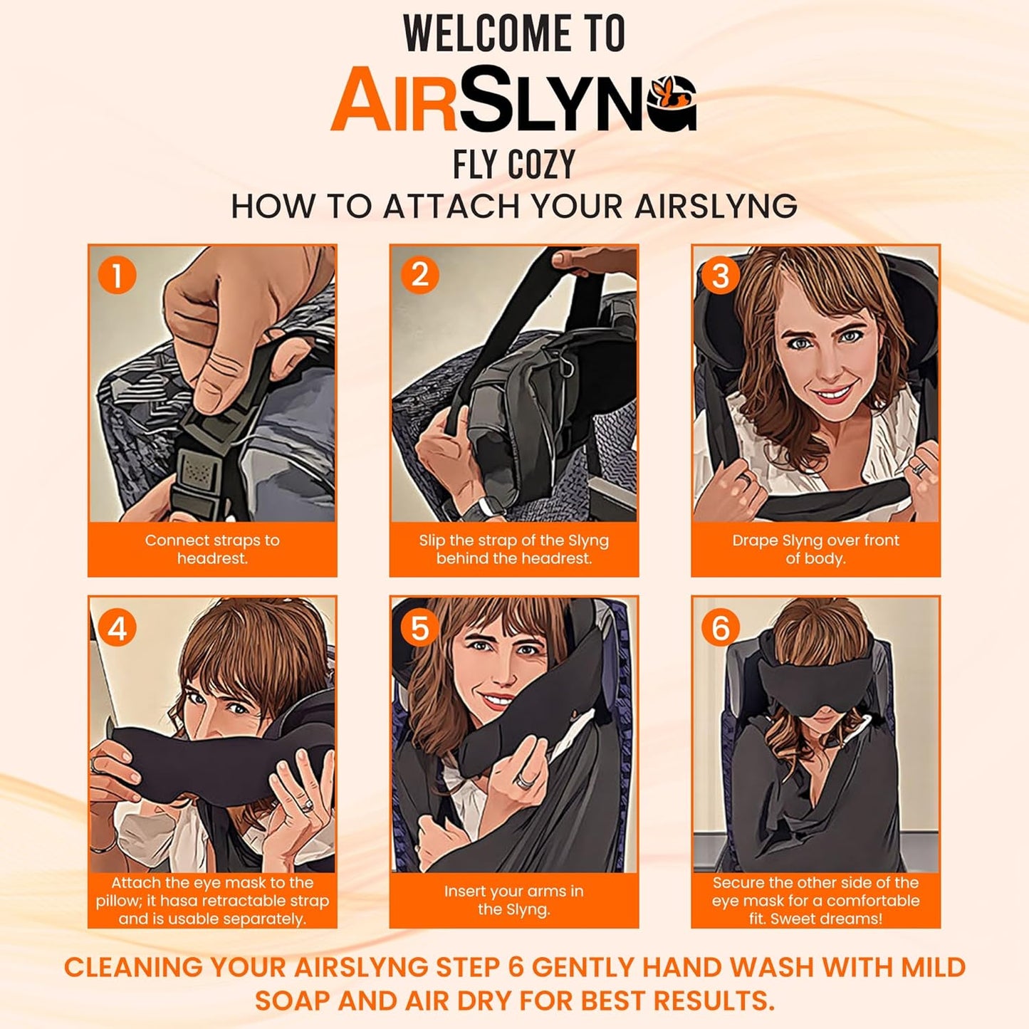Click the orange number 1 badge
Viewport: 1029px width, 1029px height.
(x=117, y=276)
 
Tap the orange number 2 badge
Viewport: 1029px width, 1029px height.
(x=419, y=276)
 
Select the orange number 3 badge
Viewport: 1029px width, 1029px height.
(x=721, y=276)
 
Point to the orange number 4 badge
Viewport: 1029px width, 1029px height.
(x=117, y=628)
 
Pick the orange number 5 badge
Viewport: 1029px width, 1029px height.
(x=419, y=628)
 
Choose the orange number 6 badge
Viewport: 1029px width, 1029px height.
(x=721, y=628)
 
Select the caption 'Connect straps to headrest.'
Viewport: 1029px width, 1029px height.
(x=212, y=549)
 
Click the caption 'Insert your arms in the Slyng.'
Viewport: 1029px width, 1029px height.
(x=513, y=900)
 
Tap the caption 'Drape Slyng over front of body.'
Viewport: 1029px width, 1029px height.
(x=815, y=549)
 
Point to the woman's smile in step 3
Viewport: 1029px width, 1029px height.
(x=832, y=394)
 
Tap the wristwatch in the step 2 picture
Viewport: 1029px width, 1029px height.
(x=491, y=507)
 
